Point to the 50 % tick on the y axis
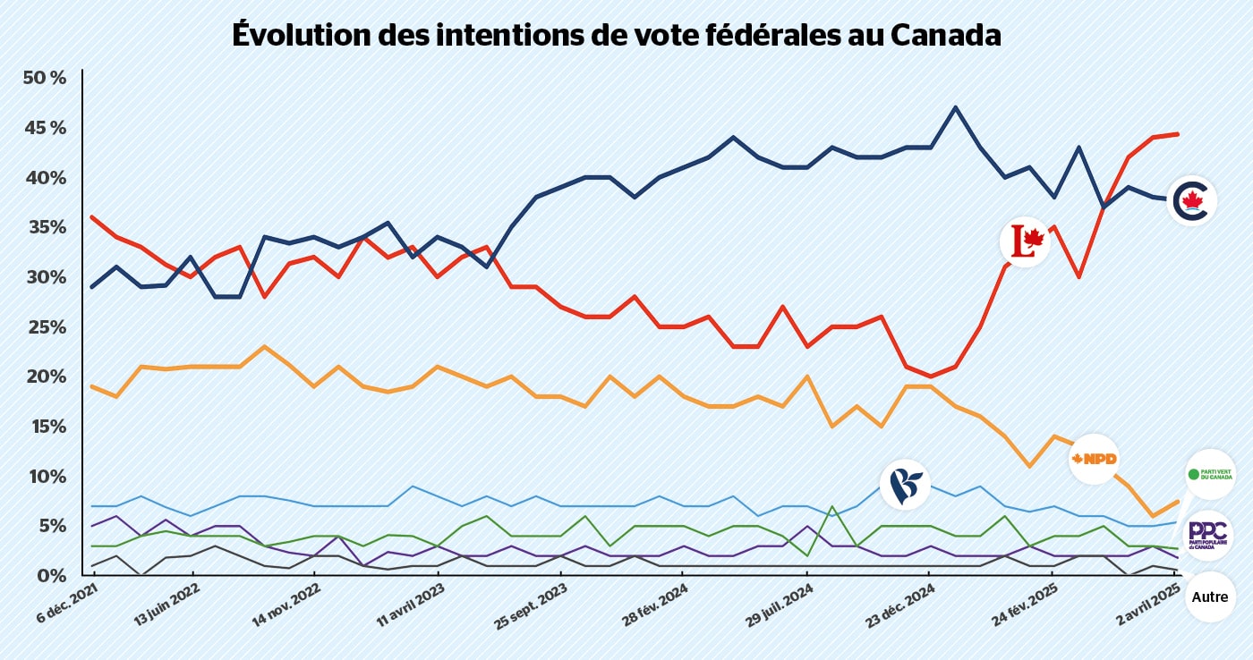[45, 78]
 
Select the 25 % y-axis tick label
[45, 326]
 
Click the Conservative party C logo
[1192, 200]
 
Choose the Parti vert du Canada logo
[1210, 474]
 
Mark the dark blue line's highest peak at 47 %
[955, 107]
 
